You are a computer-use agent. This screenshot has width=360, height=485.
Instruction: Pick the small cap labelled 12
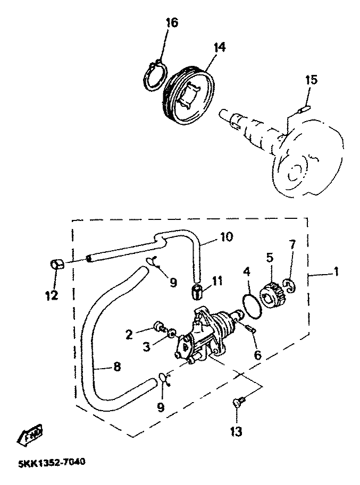point(57,263)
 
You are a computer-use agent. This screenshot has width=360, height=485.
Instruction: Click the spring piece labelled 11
point(198,292)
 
